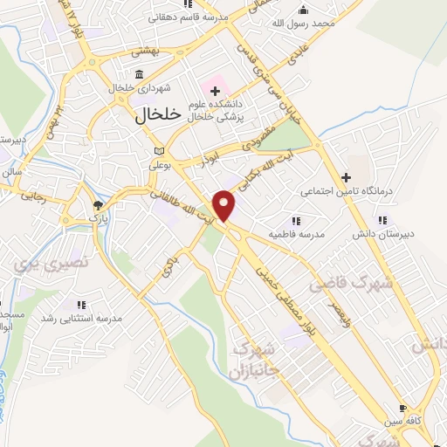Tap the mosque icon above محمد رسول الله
(x=303, y=10)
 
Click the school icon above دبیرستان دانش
(x=382, y=221)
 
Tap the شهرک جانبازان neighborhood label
(x=256, y=359)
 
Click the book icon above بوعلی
(x=158, y=150)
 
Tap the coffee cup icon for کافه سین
(x=402, y=408)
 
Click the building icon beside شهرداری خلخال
(x=140, y=75)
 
